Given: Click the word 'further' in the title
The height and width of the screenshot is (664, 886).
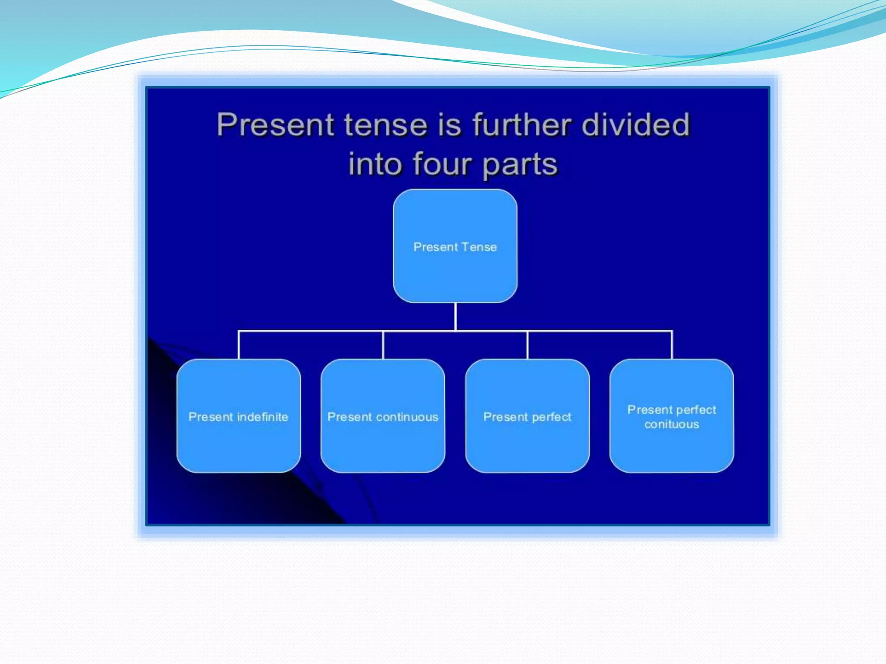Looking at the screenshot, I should coord(521,124).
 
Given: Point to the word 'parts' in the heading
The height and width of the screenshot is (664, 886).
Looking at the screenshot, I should coord(520,165).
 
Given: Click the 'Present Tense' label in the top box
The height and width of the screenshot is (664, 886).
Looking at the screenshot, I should coord(455,247).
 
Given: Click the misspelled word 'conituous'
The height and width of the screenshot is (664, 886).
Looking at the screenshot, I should coord(671,425).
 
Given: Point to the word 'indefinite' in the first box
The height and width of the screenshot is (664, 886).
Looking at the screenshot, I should coord(263,417).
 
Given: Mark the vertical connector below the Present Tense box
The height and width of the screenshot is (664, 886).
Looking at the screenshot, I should coord(456,316).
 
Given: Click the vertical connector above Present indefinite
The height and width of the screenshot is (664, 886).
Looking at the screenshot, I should coord(239,345).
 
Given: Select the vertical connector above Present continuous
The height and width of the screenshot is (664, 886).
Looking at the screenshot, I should coord(383,345).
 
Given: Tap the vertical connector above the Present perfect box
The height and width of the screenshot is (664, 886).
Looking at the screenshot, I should coord(527,345).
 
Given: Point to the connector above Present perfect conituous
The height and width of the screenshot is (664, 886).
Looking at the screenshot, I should coord(672,345).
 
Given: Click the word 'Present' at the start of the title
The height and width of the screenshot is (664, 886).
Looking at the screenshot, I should coord(276,125).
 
